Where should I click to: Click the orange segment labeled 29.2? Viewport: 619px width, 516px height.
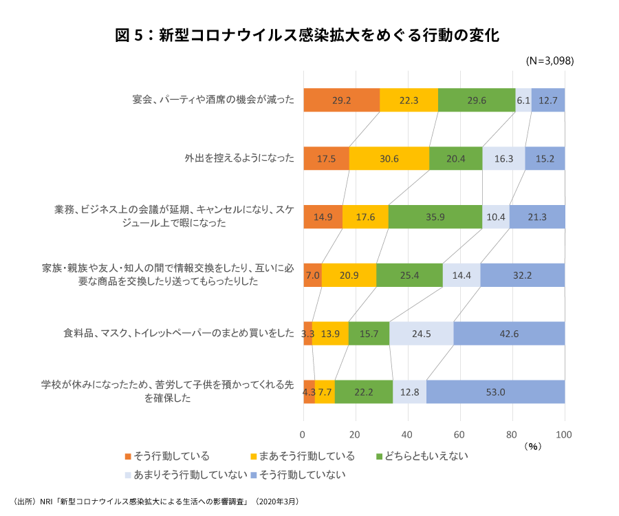(x=341, y=100)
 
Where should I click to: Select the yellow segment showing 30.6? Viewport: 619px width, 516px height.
(x=389, y=158)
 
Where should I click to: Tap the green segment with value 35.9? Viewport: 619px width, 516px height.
(x=435, y=217)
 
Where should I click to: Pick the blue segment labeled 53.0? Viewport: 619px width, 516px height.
(x=495, y=392)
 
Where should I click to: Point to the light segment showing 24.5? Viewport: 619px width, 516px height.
(x=422, y=334)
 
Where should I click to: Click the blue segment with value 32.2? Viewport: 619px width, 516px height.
(x=523, y=275)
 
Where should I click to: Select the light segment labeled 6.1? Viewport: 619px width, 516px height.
(x=523, y=100)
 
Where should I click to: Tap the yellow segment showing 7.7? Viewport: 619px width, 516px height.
(x=325, y=392)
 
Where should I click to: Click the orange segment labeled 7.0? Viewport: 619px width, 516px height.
(x=312, y=275)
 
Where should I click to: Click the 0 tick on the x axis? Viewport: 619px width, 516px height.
(x=303, y=434)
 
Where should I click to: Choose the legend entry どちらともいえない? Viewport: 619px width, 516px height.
(x=422, y=456)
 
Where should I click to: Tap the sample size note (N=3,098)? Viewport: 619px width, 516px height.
(x=549, y=61)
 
